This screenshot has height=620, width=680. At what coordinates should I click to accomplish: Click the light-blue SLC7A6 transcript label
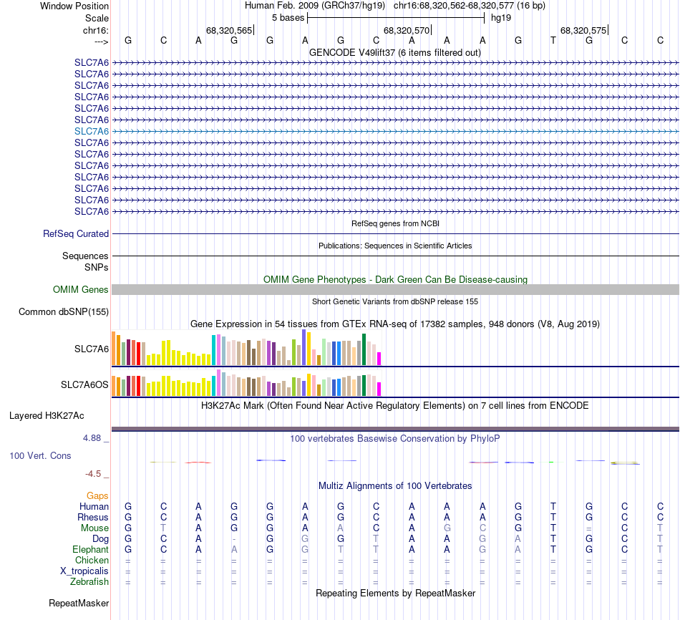[92, 131]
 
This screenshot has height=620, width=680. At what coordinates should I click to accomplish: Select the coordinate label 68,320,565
[229, 31]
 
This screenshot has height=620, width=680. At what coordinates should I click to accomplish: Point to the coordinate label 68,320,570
[407, 31]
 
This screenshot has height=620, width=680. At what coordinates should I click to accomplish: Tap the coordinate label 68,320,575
[583, 31]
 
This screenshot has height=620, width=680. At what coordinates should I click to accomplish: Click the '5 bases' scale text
[288, 17]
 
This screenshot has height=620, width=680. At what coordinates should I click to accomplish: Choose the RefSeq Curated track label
[76, 234]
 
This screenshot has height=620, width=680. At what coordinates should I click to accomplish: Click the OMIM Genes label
[81, 290]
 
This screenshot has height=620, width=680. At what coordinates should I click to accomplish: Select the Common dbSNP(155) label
[64, 311]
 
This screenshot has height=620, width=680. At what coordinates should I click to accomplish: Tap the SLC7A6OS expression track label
[84, 385]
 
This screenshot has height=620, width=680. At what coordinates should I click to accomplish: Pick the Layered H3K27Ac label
[47, 415]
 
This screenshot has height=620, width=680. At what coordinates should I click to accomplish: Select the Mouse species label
[94, 528]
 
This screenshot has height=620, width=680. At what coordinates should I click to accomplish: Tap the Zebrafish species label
[90, 582]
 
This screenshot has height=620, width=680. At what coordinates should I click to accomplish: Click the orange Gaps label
[97, 495]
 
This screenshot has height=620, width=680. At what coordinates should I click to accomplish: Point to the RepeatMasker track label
[79, 604]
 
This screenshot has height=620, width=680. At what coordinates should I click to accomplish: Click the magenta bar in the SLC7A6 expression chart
[379, 358]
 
